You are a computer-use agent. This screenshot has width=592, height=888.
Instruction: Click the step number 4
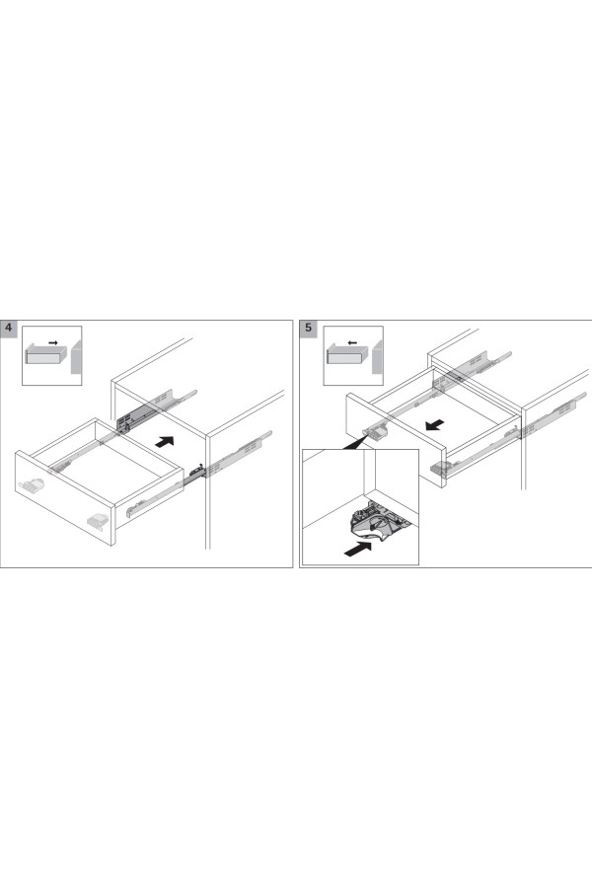point(9,329)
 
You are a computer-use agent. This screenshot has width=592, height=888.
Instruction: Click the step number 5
point(308,328)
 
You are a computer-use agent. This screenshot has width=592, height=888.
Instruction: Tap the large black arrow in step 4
point(165,441)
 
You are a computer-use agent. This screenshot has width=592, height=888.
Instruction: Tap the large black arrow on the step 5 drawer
point(434,424)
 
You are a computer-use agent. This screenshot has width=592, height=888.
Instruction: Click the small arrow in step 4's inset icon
point(53,342)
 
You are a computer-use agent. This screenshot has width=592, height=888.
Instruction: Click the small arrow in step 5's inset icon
point(352,342)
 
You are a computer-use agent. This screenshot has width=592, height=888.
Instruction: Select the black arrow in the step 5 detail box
point(358,549)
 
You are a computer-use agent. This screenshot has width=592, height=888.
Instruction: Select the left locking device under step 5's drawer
point(377,431)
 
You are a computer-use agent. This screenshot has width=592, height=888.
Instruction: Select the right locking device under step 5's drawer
point(441,467)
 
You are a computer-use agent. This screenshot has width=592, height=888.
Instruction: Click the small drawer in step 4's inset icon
point(46,355)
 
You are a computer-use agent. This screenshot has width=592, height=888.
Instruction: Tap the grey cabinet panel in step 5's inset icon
point(377,357)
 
